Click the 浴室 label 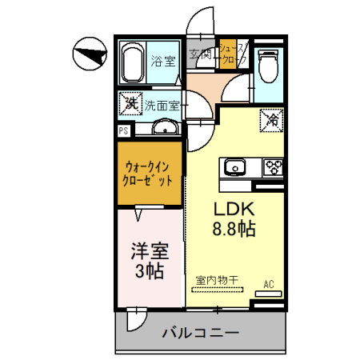tap(165, 62)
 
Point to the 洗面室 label tap(163, 105)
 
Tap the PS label tap(124, 130)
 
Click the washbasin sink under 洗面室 tap(166, 127)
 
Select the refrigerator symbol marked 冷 tap(271, 122)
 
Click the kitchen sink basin tap(234, 167)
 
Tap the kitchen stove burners tap(274, 167)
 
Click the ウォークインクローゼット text tap(149, 174)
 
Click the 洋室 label tap(148, 251)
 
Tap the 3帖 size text tap(148, 271)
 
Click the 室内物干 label tap(216, 280)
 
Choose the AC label tap(270, 283)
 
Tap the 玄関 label tap(200, 54)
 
